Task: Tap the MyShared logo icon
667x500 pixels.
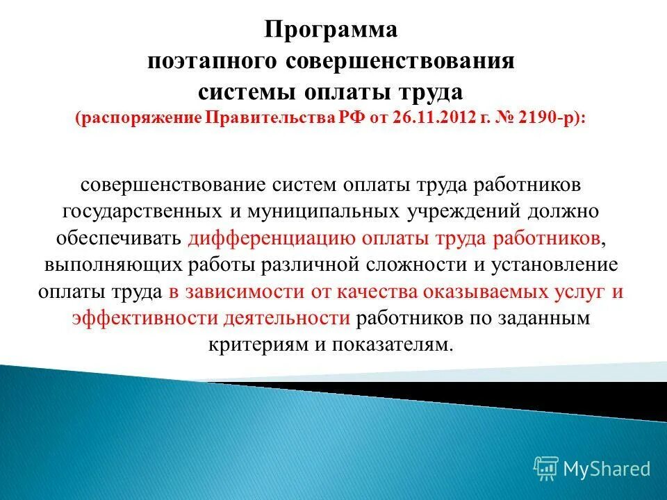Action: click(x=546, y=468)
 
